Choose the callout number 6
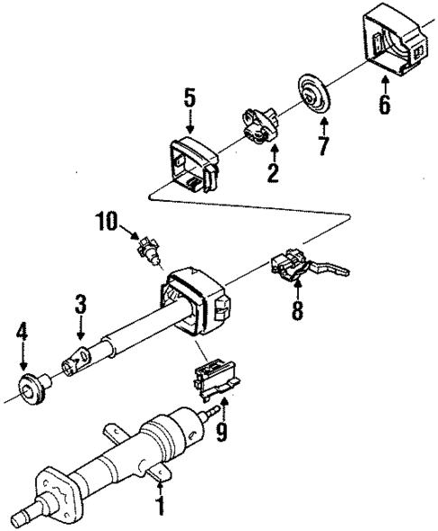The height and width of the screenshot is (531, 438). [x=384, y=105]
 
